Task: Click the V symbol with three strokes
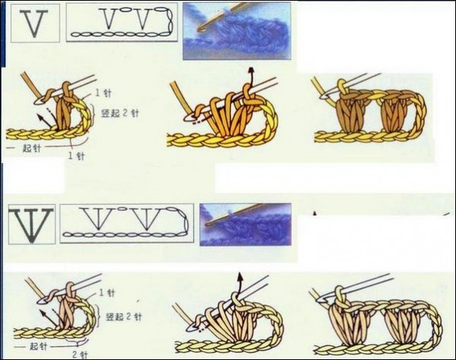pyautogui.click(x=31, y=224)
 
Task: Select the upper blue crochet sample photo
pyautogui.click(x=236, y=30)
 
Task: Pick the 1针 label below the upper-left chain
pyautogui.click(x=77, y=156)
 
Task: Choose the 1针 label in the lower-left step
pyautogui.click(x=107, y=292)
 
